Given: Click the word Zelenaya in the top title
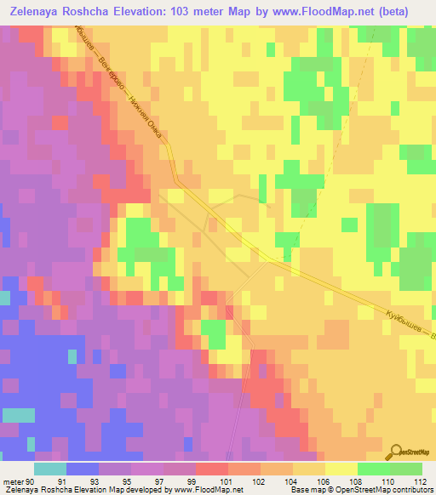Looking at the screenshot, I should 42,12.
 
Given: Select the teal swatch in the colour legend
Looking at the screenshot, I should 49,469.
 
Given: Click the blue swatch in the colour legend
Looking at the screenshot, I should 82,469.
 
